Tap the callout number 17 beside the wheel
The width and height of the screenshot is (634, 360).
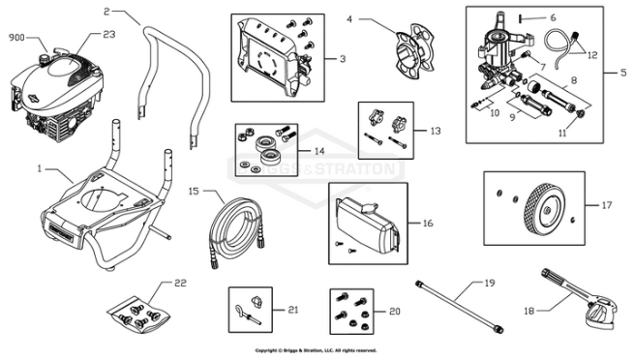point(607,205)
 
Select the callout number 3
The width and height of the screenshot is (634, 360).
point(343,58)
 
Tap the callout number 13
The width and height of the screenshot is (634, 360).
point(435,129)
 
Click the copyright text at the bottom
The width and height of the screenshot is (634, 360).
point(316,350)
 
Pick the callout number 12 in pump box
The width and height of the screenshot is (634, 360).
point(592,54)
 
